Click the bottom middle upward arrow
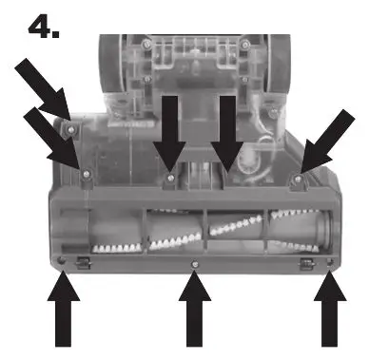point(195,312)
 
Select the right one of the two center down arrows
point(227,133)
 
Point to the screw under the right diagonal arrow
point(298,179)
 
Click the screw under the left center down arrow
point(170,177)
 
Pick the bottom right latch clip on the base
point(306,259)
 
